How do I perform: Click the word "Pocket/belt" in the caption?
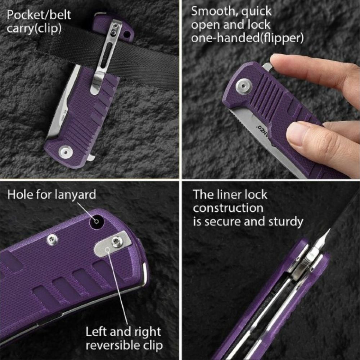[39, 15]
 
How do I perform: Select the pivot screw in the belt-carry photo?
[66, 151]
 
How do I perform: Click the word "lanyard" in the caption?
[75, 195]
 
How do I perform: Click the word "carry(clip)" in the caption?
[35, 28]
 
